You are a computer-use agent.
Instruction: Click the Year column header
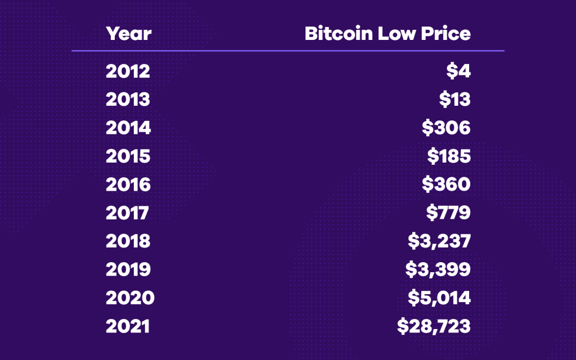click(x=129, y=33)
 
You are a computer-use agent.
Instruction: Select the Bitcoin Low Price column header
click(x=388, y=33)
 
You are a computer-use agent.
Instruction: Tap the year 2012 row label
click(x=128, y=71)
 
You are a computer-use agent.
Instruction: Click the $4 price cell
click(x=458, y=71)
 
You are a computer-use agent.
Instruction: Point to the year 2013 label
click(x=128, y=100)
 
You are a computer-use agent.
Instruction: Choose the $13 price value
click(x=454, y=100)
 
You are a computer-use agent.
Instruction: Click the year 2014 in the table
click(x=128, y=128)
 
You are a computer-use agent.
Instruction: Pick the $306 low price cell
click(x=446, y=128)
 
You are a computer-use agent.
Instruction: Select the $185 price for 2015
click(x=448, y=156)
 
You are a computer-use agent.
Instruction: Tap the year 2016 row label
click(x=128, y=184)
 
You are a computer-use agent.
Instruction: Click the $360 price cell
click(x=446, y=184)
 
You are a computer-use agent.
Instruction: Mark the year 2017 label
click(x=127, y=213)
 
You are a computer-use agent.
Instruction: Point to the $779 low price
click(x=448, y=213)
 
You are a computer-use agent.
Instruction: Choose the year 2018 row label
click(x=128, y=241)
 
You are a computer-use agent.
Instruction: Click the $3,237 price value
click(x=439, y=241)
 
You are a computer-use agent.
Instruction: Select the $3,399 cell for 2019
click(x=438, y=269)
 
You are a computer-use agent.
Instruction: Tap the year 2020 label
click(x=130, y=298)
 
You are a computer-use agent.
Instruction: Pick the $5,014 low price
click(x=438, y=298)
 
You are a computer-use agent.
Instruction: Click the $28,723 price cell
click(x=433, y=326)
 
